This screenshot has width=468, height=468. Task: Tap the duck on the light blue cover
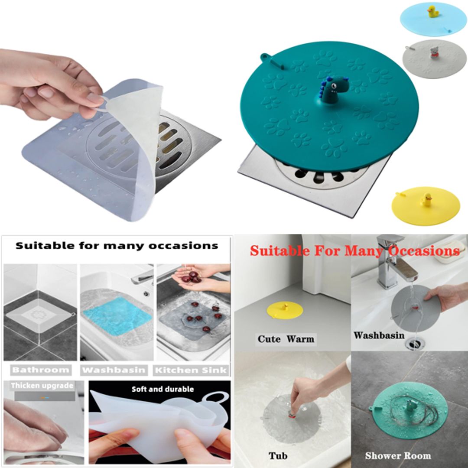point(433,12)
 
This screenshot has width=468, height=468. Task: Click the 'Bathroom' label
point(41,370)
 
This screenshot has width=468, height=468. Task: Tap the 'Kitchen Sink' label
point(191,370)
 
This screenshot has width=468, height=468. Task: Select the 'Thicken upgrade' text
point(42,386)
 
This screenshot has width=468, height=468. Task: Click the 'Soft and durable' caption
point(162,389)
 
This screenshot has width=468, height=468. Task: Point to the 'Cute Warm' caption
point(286,339)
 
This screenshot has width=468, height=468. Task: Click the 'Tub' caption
point(278,455)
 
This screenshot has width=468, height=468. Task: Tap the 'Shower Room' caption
point(398,455)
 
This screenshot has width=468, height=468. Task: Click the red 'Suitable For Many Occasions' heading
point(354,251)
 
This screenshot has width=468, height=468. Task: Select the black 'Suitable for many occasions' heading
point(117,246)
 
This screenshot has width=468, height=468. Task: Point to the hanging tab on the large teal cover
point(267,59)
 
